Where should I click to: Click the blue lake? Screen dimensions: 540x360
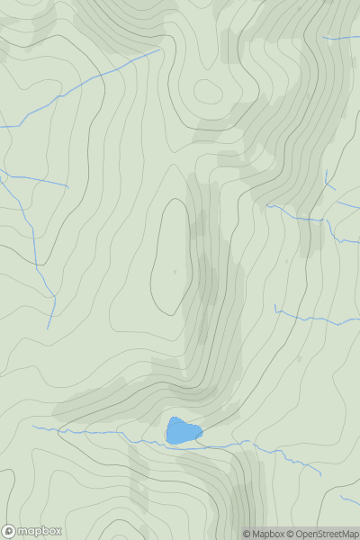[x=182, y=431]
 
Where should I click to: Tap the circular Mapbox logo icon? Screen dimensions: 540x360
[x=9, y=531]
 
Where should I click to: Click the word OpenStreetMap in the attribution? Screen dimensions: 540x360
[x=327, y=534]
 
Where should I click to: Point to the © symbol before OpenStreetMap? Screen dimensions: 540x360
[x=290, y=534]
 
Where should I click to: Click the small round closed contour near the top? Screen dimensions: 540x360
[x=207, y=91]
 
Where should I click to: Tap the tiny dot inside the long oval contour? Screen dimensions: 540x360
[x=175, y=271]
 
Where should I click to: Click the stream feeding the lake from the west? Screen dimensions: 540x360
[x=108, y=433]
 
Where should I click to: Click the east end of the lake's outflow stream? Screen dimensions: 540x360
[x=319, y=474]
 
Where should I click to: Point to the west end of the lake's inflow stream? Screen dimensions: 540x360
[x=33, y=427]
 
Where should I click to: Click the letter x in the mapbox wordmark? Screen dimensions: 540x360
[x=57, y=531]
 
